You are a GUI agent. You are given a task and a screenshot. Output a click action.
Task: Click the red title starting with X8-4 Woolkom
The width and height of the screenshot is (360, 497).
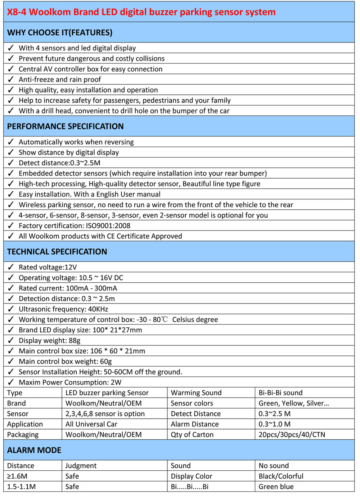pyautogui.click(x=141, y=12)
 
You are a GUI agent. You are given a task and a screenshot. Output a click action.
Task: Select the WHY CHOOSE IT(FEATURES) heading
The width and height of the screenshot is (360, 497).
pyautogui.click(x=60, y=32)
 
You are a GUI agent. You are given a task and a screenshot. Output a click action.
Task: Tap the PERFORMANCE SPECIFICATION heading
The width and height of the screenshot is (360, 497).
pyautogui.click(x=65, y=126)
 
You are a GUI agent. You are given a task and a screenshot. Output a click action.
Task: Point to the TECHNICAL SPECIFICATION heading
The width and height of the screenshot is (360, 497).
pyautogui.click(x=57, y=252)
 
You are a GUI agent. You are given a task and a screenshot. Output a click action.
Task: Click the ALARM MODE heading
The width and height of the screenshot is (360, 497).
pyautogui.click(x=34, y=450)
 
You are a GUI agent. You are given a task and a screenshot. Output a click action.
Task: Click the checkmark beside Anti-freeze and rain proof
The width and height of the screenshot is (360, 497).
pyautogui.click(x=11, y=79)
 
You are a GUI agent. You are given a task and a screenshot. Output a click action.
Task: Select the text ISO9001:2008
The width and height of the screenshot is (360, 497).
pyautogui.click(x=108, y=226)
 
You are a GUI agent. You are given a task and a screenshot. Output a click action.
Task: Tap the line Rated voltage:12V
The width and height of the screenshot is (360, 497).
pyautogui.click(x=48, y=267)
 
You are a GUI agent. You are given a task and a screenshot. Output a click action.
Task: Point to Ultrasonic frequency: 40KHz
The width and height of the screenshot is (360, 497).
pyautogui.click(x=63, y=309)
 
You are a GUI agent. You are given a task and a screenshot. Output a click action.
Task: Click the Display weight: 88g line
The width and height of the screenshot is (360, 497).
pyautogui.click(x=49, y=340)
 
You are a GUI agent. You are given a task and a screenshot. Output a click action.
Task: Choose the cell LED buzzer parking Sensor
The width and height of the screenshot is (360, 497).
pyautogui.click(x=107, y=393)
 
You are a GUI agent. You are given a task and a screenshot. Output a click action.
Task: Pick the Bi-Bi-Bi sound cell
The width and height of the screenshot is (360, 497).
pyautogui.click(x=280, y=393)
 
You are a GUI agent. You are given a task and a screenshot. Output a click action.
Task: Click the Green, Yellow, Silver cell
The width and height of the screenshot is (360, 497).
pyautogui.click(x=294, y=403)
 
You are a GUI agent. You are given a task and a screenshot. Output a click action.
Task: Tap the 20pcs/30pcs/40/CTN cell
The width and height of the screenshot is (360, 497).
pyautogui.click(x=292, y=435)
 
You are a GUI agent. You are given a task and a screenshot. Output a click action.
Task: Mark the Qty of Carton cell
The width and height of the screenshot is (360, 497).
pyautogui.click(x=192, y=435)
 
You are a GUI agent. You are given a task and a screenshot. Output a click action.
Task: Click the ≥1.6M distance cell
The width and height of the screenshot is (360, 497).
pyautogui.click(x=17, y=476)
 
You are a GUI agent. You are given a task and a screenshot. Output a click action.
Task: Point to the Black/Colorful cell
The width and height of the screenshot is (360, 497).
pyautogui.click(x=281, y=476)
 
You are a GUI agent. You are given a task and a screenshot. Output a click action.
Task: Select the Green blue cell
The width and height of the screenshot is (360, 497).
pyautogui.click(x=276, y=487)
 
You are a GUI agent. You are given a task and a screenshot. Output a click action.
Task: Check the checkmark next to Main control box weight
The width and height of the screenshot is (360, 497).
pyautogui.click(x=11, y=361)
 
